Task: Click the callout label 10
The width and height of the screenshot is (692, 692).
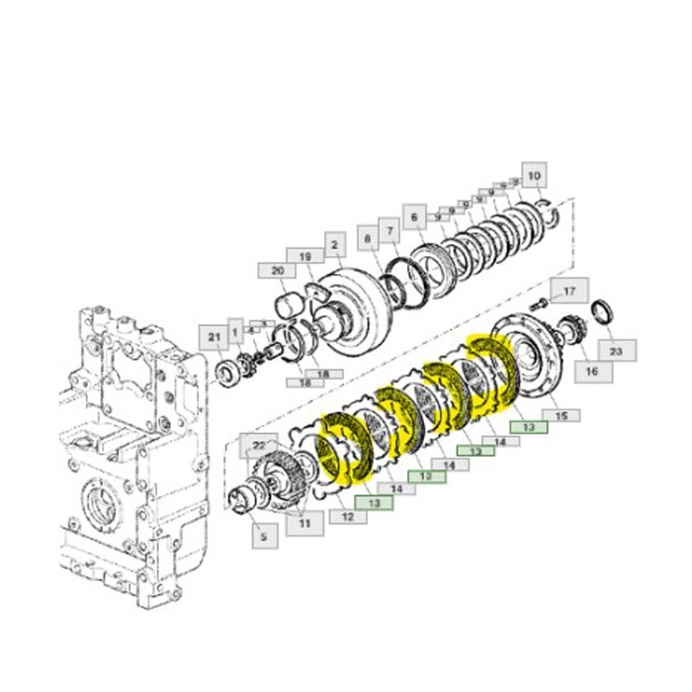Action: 534,177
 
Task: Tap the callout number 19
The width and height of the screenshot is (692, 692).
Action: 305,256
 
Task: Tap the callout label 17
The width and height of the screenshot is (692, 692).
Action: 568,292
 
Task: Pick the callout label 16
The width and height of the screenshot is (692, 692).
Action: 590,372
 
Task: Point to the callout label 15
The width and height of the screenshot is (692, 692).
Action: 561,416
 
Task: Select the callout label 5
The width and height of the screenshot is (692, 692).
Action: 263,538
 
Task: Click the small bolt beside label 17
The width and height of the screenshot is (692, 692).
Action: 541,301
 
